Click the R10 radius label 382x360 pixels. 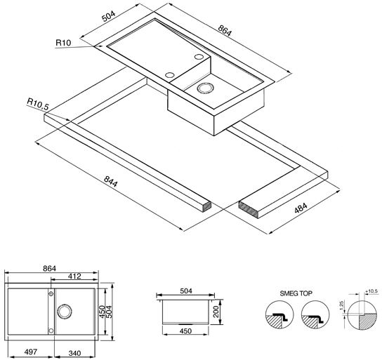(63, 43)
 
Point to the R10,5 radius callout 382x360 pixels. (38, 104)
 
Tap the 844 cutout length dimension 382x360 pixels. (111, 181)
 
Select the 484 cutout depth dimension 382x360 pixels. (301, 208)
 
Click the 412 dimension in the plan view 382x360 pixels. (74, 276)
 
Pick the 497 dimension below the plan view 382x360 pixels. (31, 352)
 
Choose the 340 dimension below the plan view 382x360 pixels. (74, 353)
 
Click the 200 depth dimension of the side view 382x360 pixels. (216, 312)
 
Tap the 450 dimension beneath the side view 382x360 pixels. (185, 331)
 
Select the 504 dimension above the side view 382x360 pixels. (186, 291)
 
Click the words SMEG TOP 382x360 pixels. (296, 293)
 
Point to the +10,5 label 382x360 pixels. (371, 291)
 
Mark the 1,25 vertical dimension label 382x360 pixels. (341, 306)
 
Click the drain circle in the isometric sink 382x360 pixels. (205, 88)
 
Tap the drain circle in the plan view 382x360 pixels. (65, 311)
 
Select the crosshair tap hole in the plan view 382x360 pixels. (51, 294)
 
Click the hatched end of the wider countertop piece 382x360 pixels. (248, 208)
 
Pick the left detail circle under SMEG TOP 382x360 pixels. (279, 314)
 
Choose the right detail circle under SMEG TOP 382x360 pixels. (315, 314)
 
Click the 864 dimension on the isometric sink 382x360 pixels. (225, 31)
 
